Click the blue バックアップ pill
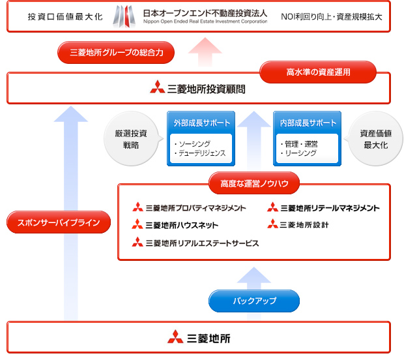pyautogui.click(x=254, y=301)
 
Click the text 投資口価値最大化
pyautogui.click(x=65, y=16)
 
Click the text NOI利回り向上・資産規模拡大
pyautogui.click(x=332, y=16)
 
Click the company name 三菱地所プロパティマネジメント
pyautogui.click(x=195, y=208)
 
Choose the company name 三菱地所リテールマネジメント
pyautogui.click(x=329, y=208)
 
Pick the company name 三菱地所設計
pyautogui.click(x=304, y=225)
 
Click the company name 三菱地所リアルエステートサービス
pyautogui.click(x=201, y=243)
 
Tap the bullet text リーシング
pyautogui.click(x=299, y=153)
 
